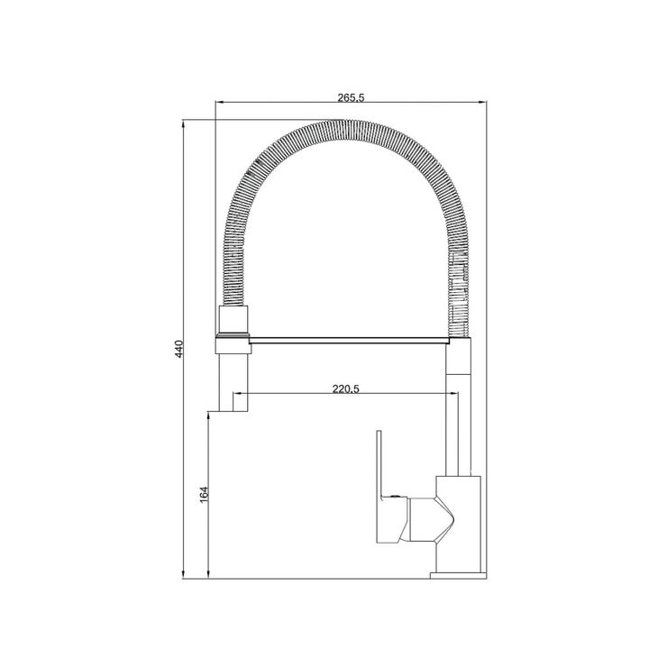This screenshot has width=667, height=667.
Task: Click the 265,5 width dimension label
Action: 351,99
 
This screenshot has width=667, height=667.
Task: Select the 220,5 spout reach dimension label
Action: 347,389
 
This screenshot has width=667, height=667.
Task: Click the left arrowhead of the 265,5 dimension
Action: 219,105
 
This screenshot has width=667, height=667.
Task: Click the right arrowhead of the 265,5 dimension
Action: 482,105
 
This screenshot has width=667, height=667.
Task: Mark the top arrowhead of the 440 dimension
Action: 185,123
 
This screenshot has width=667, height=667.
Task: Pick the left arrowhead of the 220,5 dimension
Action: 239,396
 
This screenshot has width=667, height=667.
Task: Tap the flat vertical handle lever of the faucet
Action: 382,487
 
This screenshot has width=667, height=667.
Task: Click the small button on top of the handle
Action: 393,495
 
